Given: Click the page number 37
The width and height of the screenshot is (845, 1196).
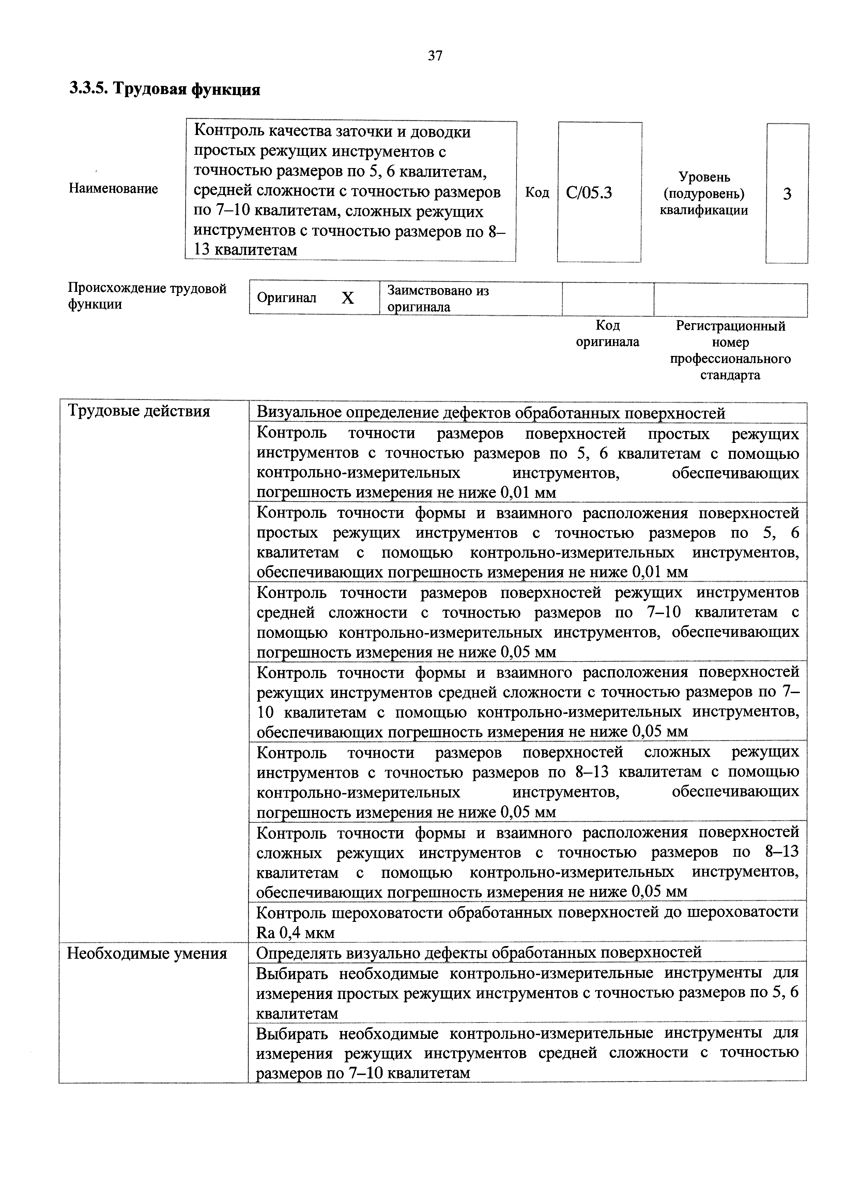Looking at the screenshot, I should pyautogui.click(x=435, y=56).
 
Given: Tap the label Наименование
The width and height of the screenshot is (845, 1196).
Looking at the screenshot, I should pyautogui.click(x=113, y=189).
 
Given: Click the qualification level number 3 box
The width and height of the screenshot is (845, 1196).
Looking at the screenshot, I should pyautogui.click(x=787, y=194).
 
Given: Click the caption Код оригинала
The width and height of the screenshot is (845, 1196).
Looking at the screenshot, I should pyautogui.click(x=608, y=334).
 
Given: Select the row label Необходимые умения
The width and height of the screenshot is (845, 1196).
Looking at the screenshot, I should pyautogui.click(x=147, y=953).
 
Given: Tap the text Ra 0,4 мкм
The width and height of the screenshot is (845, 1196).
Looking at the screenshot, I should pyautogui.click(x=295, y=932).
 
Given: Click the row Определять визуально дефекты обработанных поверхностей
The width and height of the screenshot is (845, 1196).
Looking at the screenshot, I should pyautogui.click(x=479, y=953).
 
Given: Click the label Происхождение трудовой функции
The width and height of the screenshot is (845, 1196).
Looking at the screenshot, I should pyautogui.click(x=147, y=296).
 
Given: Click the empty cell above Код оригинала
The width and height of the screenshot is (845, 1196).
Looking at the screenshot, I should pyautogui.click(x=608, y=298).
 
